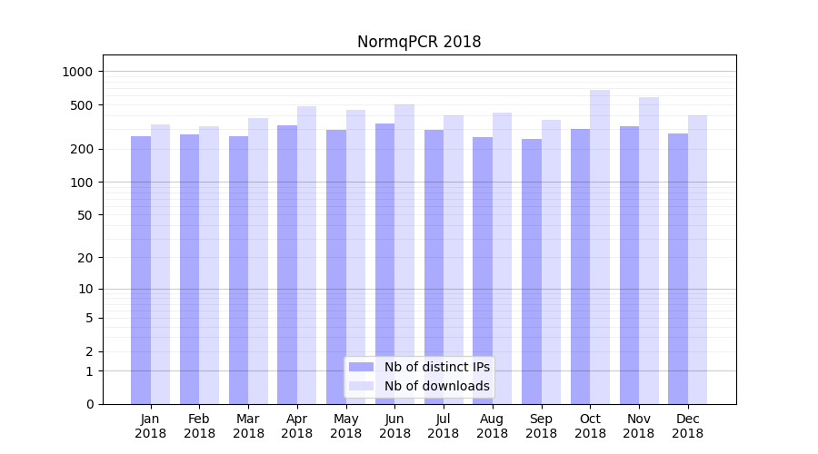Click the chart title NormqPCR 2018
click(418, 42)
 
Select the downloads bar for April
click(306, 255)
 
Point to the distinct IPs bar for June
click(385, 263)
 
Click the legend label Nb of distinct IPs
click(436, 367)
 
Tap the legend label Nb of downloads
click(436, 386)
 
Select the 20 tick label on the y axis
click(85, 258)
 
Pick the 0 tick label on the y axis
click(89, 404)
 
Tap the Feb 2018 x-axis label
click(199, 426)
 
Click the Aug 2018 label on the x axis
click(492, 426)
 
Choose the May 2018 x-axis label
click(345, 426)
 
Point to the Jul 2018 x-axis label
click(444, 426)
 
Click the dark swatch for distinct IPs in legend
click(361, 367)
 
